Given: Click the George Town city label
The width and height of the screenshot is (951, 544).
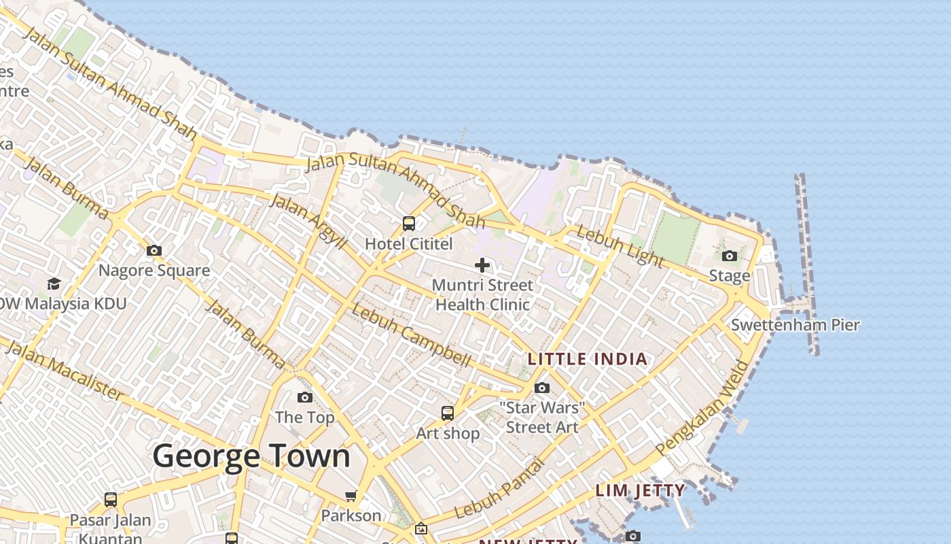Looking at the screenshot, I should pos(251,456).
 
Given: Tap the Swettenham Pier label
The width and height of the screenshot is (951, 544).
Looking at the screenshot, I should pos(795,325).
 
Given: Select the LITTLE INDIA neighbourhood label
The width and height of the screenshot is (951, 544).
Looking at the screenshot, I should pos(588,359).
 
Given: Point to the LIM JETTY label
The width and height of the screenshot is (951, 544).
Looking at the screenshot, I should pos(640,490).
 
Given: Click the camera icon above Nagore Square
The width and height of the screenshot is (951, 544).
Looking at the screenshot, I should pos(154,250).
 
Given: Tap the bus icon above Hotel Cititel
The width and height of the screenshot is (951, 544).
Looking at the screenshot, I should pos(409,223).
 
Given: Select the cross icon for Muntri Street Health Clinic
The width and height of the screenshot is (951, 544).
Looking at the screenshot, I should pos(482,265).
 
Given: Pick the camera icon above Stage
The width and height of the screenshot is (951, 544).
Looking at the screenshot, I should pos(730,256).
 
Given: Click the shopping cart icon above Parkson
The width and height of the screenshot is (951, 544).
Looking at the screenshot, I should pos(351,496).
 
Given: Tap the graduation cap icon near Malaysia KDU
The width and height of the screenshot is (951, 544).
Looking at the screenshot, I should pos(54,283).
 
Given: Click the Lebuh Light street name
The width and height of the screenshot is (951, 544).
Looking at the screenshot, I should pos(620,246).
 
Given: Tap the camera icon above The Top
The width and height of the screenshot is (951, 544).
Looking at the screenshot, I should pos(305,397).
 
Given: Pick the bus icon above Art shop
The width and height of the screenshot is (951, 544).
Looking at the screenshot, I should pos(447,413).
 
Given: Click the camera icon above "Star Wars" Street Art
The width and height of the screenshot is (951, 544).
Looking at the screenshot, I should pos(542,388).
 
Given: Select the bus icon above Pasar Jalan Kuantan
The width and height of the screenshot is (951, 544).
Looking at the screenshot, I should pos(111,500).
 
